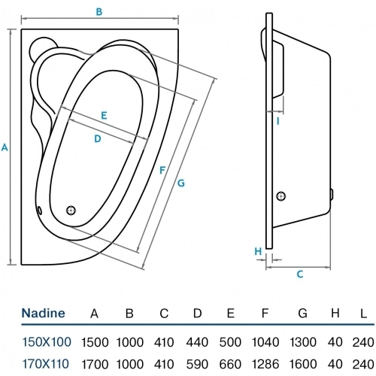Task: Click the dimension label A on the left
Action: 5,148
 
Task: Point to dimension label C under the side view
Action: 299,274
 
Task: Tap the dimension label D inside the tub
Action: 98,138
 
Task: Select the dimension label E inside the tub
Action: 104,116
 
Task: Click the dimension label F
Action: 162,170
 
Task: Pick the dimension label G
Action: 180,183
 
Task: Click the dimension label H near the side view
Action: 257,251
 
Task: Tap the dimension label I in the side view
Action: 277,120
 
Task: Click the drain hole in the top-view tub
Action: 72,211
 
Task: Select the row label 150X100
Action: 47,341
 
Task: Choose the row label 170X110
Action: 47,364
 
